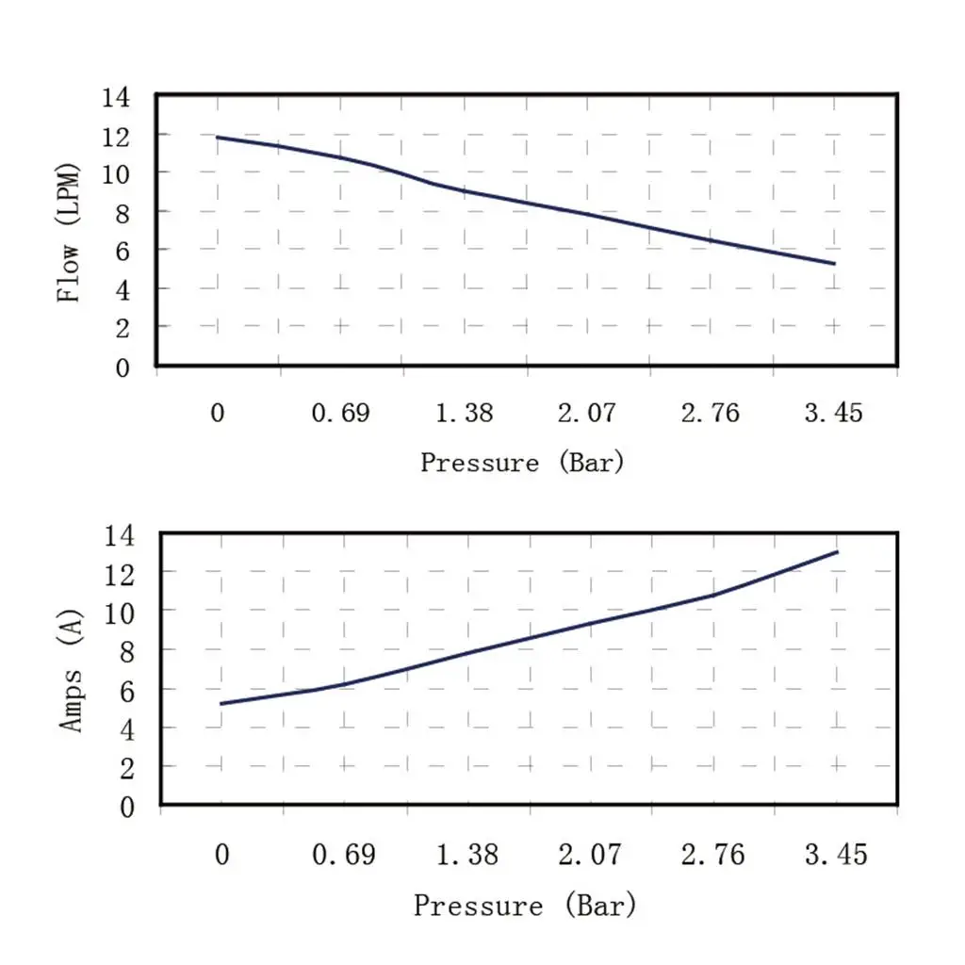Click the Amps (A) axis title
(72, 671)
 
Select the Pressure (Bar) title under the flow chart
(522, 463)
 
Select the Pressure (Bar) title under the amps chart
(525, 906)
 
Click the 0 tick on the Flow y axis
(123, 368)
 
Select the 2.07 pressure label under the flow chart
(586, 414)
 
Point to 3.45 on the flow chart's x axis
(833, 414)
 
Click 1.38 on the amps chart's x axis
(466, 856)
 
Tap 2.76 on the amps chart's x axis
(712, 856)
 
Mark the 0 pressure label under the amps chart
(222, 856)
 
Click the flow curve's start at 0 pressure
(218, 138)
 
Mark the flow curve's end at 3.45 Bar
(834, 264)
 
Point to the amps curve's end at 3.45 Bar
(837, 552)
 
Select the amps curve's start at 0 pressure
(221, 704)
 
